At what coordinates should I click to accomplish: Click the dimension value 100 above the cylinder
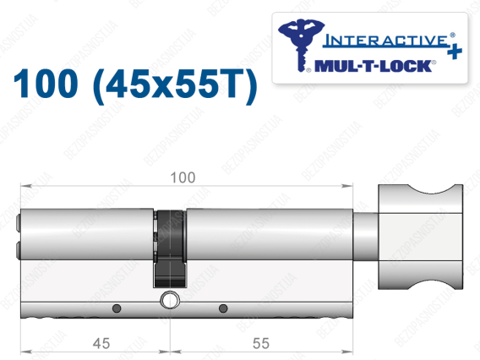183,177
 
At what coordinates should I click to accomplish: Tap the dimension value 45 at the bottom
101,343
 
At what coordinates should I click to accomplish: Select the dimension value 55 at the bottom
261,343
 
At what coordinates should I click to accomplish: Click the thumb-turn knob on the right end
420,237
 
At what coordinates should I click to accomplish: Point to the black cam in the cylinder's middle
169,248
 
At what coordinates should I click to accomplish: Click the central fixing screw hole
169,300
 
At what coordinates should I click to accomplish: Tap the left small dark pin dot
117,308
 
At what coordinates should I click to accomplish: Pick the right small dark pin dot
223,308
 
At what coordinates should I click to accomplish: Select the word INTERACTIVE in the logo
385,41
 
